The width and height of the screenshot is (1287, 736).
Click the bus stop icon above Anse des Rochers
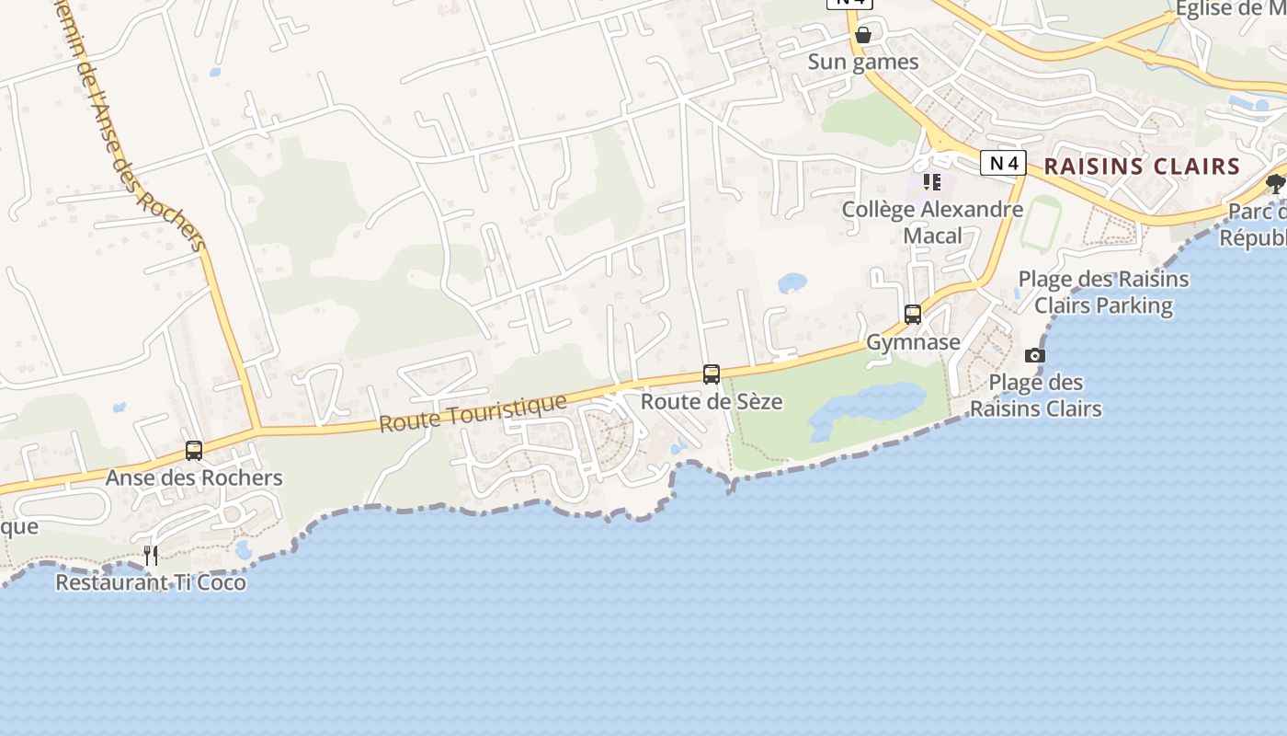[194, 451]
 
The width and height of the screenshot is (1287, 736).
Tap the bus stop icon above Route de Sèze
[712, 374]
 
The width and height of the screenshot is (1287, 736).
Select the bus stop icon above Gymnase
[913, 315]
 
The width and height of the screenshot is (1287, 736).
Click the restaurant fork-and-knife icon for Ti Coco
[151, 555]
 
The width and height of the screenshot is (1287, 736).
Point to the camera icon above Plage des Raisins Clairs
[1035, 356]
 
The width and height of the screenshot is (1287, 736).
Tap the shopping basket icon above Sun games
[863, 36]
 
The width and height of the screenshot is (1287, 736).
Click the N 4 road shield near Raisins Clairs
[1003, 164]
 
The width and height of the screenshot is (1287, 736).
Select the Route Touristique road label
[473, 413]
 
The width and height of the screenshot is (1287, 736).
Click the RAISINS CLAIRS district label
[1142, 167]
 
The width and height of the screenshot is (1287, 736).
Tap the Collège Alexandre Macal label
[932, 223]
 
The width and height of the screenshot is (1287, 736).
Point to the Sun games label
[863, 63]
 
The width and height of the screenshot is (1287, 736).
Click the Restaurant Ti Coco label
[151, 582]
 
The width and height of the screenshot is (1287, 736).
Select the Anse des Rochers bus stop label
[194, 478]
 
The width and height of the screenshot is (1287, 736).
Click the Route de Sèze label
[712, 402]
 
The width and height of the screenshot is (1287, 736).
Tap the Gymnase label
[913, 342]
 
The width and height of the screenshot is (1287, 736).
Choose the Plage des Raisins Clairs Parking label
[1103, 293]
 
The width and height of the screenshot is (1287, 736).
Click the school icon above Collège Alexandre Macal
[932, 182]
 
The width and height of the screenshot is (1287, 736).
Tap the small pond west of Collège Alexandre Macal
[792, 282]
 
